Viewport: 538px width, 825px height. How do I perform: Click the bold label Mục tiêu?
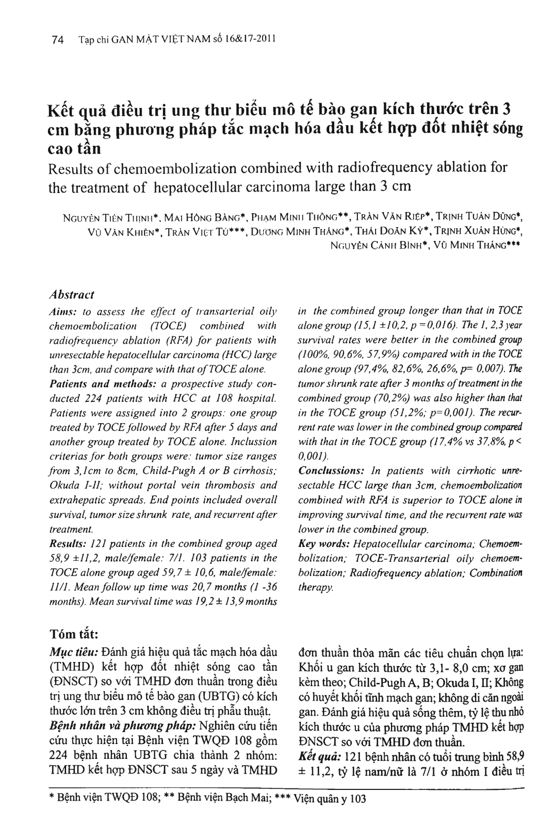click(72, 653)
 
